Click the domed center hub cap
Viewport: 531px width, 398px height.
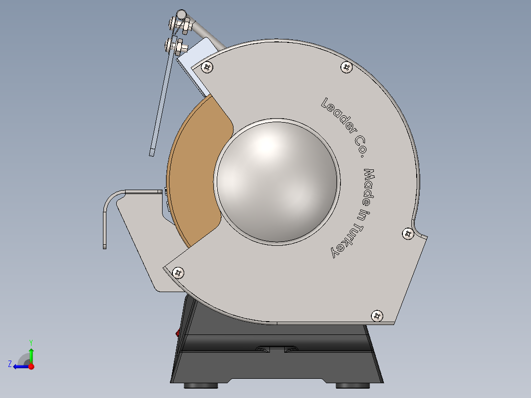tap(277, 181)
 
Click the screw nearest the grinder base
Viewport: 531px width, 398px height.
tap(377, 315)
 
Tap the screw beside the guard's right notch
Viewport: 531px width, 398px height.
tap(408, 233)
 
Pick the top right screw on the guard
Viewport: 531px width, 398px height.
tap(347, 67)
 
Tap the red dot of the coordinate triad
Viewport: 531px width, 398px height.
tap(31, 366)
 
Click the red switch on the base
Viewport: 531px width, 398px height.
tap(178, 333)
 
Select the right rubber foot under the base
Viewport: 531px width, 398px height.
tap(353, 385)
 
